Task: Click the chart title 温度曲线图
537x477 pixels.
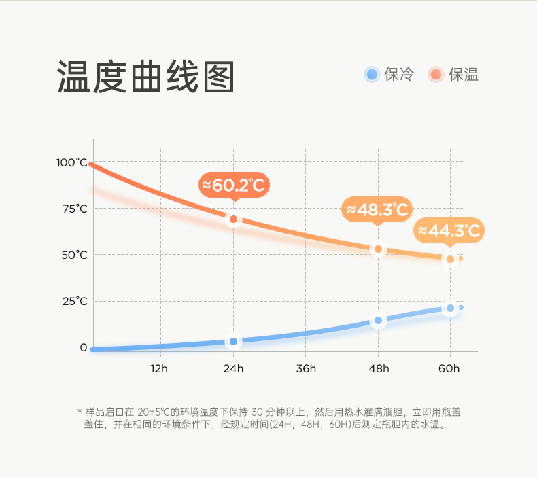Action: [146, 76]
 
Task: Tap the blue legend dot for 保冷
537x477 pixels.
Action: [371, 75]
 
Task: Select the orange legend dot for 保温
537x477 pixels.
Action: [436, 75]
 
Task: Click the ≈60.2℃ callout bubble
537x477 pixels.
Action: [234, 185]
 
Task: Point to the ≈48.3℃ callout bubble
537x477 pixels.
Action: [377, 209]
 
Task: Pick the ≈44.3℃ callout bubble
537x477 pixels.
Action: [449, 231]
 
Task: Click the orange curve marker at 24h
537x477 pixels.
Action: [234, 219]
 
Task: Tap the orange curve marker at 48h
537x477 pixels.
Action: [378, 249]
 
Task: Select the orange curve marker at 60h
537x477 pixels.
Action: [450, 259]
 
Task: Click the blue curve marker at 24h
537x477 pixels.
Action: [234, 341]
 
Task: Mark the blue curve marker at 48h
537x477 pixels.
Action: [378, 320]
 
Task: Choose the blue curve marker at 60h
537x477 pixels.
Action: [450, 308]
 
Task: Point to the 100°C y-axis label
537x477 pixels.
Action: [72, 162]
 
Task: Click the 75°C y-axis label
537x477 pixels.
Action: [75, 209]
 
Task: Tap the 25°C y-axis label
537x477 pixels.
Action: [75, 301]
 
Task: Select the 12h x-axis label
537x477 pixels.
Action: [159, 368]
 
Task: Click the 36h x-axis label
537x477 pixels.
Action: [306, 368]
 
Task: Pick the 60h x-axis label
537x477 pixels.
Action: [449, 368]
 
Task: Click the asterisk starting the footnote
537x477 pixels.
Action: [80, 412]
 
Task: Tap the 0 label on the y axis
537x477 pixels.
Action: [83, 347]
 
